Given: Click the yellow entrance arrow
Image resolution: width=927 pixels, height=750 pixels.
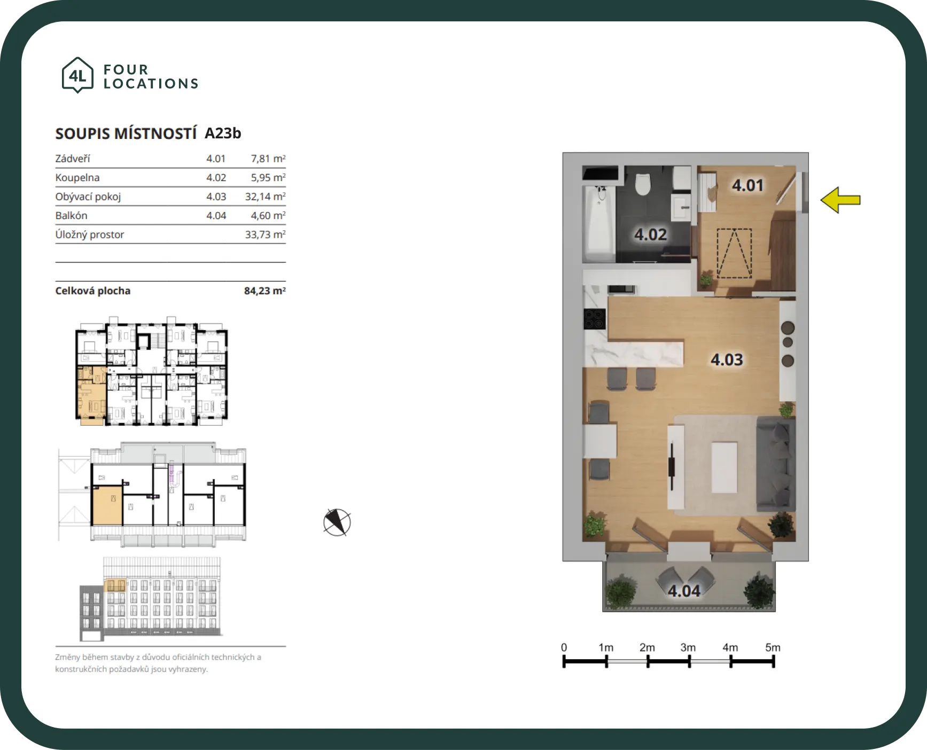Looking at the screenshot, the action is [840, 200].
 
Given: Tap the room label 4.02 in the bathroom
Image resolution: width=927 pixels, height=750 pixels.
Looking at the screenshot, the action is [650, 235].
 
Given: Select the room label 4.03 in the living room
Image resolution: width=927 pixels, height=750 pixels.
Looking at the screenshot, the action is [727, 360].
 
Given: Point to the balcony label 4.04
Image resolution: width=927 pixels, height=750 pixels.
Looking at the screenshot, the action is [684, 591].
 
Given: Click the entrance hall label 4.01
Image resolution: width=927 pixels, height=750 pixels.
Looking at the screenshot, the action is [747, 185].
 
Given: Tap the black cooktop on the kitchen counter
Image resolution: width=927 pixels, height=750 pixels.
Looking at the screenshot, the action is [594, 319].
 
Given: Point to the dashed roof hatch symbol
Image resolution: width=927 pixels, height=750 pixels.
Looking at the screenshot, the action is [734, 253].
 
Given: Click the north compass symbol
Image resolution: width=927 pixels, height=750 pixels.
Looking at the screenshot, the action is [337, 522].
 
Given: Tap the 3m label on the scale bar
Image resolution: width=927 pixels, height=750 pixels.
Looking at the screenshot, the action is [688, 647].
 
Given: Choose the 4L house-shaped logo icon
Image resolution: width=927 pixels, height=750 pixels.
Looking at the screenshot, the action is [77, 75].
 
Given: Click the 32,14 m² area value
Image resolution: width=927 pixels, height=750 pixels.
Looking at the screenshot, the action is [265, 197].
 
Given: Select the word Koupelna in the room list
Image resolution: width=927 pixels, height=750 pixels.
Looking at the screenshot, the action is [77, 177].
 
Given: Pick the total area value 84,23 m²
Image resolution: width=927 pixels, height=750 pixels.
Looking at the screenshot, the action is [264, 291].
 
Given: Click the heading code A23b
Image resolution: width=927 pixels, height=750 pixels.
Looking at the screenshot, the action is [223, 133].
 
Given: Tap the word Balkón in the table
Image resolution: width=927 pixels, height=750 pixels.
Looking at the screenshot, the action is [71, 215].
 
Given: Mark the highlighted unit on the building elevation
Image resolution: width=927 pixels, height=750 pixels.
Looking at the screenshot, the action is [114, 585].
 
